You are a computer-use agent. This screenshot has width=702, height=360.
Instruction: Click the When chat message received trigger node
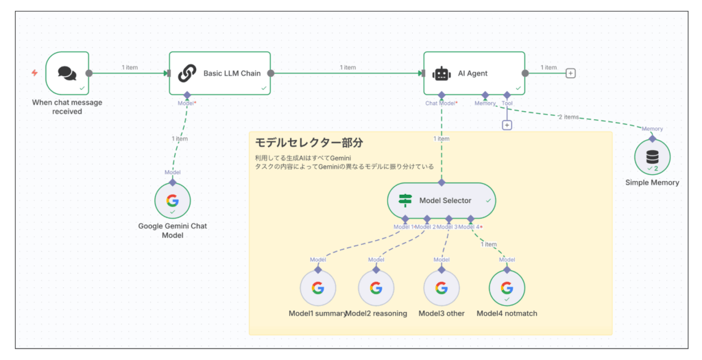[67, 73]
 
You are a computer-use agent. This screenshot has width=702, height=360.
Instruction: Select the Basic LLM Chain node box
[220, 73]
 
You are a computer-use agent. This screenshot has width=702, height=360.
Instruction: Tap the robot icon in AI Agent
[441, 73]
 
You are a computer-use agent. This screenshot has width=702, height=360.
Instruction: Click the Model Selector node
[441, 200]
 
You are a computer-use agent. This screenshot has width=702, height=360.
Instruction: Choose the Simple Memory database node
[651, 157]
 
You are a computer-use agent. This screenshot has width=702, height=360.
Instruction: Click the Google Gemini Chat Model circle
[172, 201]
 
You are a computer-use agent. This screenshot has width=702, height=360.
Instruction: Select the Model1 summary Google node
[317, 287]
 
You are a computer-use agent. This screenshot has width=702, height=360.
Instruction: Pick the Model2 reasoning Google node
[376, 287]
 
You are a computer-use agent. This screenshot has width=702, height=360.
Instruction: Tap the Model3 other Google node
[441, 287]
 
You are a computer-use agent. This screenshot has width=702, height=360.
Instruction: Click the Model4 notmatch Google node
[507, 287]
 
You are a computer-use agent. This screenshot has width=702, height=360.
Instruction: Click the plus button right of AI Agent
[570, 73]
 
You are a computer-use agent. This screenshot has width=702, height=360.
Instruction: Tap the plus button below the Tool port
[507, 125]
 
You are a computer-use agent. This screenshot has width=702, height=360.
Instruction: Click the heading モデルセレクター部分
[308, 143]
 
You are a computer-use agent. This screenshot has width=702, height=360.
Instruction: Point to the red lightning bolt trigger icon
[34, 73]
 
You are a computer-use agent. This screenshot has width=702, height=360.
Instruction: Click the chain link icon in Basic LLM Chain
[187, 73]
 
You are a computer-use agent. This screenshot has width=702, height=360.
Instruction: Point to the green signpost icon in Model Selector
[405, 200]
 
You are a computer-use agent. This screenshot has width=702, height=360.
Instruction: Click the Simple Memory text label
[652, 182]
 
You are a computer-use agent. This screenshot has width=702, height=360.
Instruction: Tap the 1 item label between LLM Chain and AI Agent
[348, 67]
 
